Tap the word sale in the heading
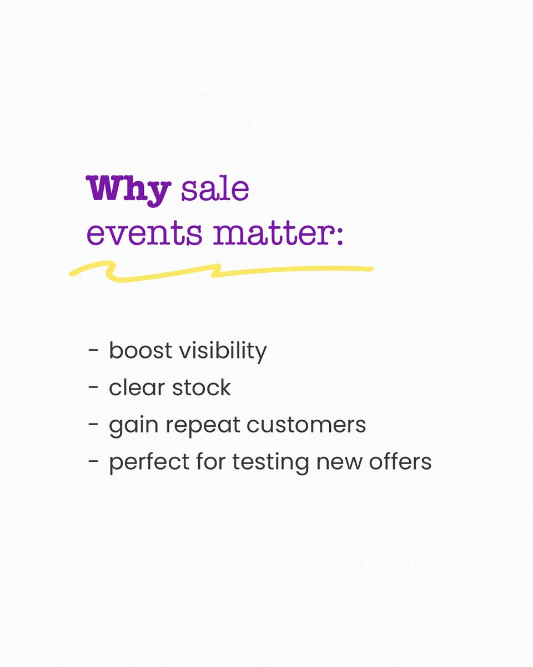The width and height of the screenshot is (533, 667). coord(215,190)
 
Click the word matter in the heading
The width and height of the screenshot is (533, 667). coord(272,233)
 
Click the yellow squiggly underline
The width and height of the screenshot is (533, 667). coord(222,272)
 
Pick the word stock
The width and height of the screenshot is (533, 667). coord(201,388)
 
